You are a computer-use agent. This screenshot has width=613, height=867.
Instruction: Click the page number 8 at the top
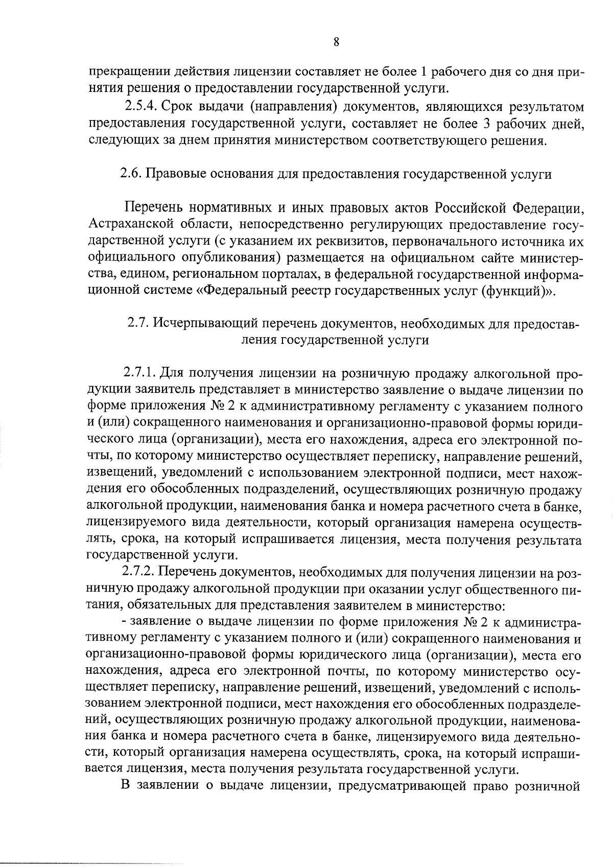(x=336, y=42)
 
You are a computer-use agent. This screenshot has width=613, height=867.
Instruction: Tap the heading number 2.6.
(x=130, y=174)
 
